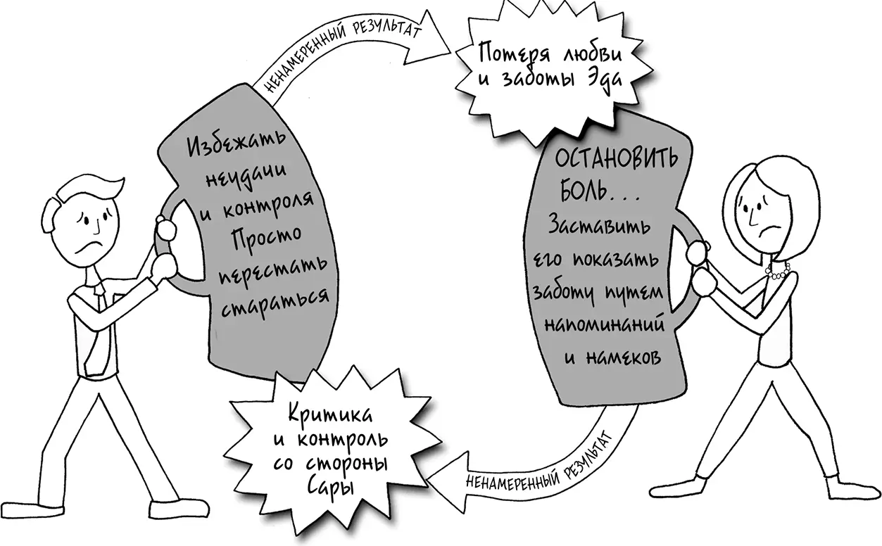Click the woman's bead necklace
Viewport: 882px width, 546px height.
coord(779,271)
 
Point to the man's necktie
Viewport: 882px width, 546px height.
coord(101,299)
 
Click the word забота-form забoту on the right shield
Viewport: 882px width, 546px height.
coord(566,293)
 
